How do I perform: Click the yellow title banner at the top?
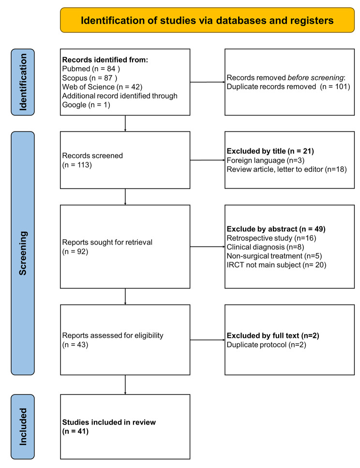coord(207,20)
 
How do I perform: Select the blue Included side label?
coord(22,426)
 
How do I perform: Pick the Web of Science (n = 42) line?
coord(99,88)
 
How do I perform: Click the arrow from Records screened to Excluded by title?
coord(208,160)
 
